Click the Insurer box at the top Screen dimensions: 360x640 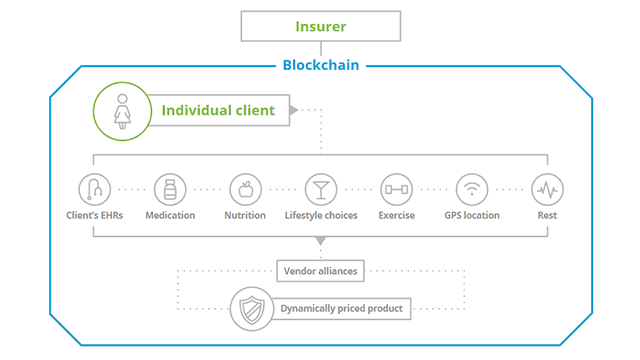(x=320, y=25)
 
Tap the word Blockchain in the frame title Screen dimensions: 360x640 (x=320, y=66)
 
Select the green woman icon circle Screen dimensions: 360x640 (x=120, y=110)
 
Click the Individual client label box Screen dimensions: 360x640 (x=218, y=110)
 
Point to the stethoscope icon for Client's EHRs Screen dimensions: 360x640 (x=94, y=189)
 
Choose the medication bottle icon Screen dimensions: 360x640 (x=170, y=189)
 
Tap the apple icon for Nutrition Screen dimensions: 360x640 (x=245, y=189)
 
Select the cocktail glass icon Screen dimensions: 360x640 (x=321, y=189)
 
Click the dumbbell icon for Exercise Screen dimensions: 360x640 (x=396, y=189)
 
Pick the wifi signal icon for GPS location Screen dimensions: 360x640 (x=472, y=189)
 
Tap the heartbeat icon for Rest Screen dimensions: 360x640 (x=547, y=189)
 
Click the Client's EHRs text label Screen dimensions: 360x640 (x=94, y=215)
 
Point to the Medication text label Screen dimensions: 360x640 (x=170, y=215)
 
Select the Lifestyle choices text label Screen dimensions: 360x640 (x=321, y=215)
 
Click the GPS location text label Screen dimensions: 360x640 (x=472, y=215)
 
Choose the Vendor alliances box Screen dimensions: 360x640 (x=320, y=271)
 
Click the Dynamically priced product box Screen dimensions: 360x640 (x=340, y=308)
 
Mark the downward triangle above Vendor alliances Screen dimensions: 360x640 (x=320, y=241)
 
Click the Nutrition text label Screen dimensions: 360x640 (x=245, y=215)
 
